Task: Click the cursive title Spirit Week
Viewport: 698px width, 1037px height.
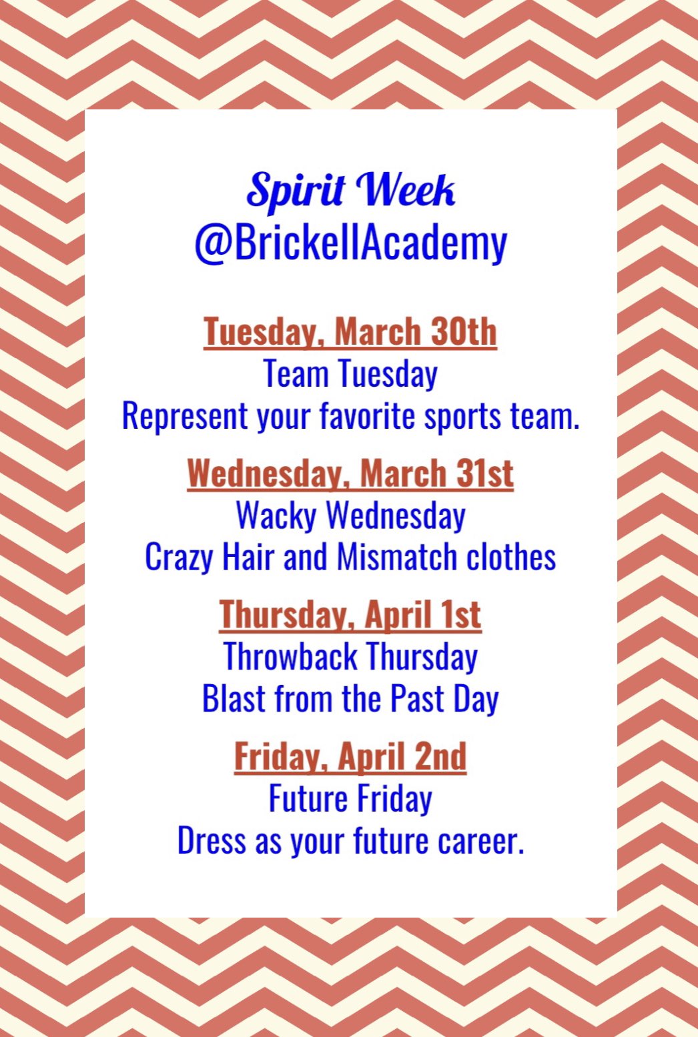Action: pyautogui.click(x=350, y=191)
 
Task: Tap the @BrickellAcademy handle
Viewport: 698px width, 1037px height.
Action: pyautogui.click(x=350, y=243)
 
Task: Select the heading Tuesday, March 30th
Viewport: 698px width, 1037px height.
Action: pyautogui.click(x=350, y=332)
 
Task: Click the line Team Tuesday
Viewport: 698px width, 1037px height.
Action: pyautogui.click(x=350, y=373)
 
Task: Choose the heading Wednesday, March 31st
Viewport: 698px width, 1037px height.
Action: pyautogui.click(x=350, y=473)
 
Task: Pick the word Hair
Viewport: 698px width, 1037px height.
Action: pyautogui.click(x=248, y=557)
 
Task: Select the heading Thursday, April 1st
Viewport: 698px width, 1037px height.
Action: pyautogui.click(x=350, y=615)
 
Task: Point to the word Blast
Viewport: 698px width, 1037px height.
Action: pyautogui.click(x=234, y=699)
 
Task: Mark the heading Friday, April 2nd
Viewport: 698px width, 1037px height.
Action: pyautogui.click(x=350, y=757)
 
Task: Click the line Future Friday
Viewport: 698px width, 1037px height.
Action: pyautogui.click(x=350, y=799)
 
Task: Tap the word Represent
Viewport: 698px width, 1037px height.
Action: pyautogui.click(x=185, y=416)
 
